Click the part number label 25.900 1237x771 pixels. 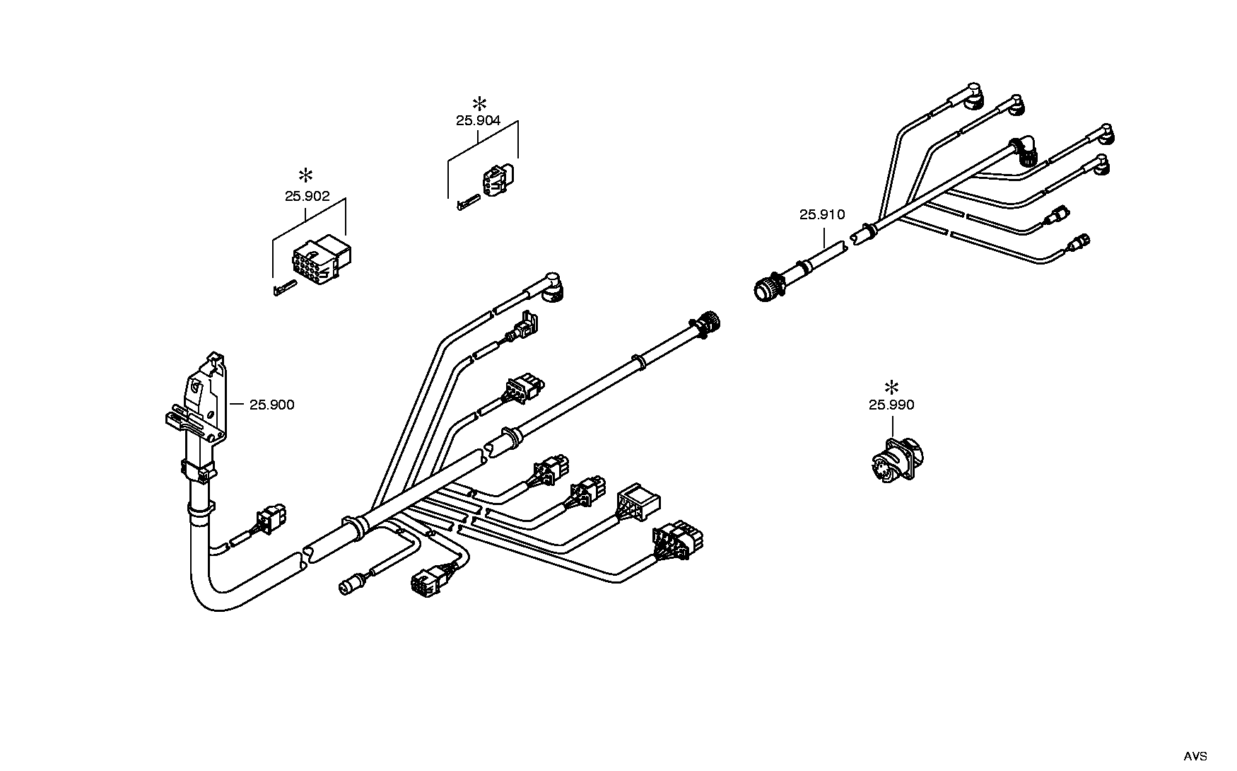click(x=271, y=405)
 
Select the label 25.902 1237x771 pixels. click(x=307, y=197)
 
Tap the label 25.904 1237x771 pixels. click(x=479, y=121)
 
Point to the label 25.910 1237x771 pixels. click(x=822, y=215)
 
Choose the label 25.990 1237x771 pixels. click(x=891, y=405)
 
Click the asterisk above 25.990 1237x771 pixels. click(x=892, y=387)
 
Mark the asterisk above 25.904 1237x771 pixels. click(x=479, y=103)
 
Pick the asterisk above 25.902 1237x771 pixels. click(x=306, y=175)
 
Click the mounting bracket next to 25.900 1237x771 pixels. click(x=200, y=402)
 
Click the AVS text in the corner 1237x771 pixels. click(x=1196, y=756)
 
